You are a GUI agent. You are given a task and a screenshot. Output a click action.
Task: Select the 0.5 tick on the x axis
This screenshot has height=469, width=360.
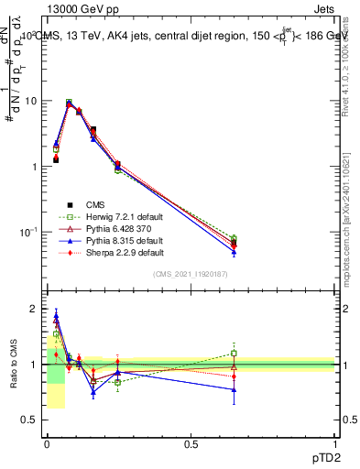(x=191, y=443)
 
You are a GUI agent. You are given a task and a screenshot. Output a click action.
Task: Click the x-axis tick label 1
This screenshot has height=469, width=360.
(x=333, y=443)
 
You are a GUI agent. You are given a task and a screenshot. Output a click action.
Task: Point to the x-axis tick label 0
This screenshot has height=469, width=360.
(x=48, y=443)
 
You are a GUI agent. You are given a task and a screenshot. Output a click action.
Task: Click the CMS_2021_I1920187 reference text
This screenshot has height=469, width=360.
(x=191, y=275)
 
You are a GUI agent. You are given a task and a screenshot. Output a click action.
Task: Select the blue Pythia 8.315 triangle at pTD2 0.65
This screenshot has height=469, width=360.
(x=234, y=252)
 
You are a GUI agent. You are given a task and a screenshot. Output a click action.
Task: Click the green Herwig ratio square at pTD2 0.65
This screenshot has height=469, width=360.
(x=234, y=354)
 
